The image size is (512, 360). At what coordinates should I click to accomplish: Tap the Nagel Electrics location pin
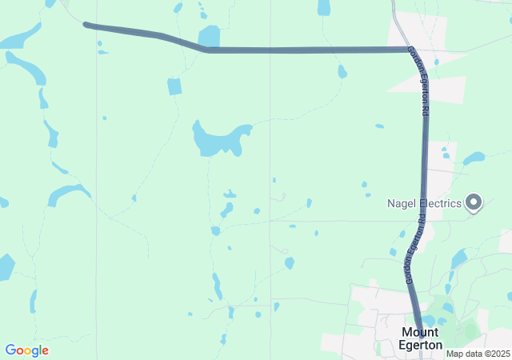pyautogui.click(x=474, y=203)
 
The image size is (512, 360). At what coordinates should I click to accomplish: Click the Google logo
pyautogui.click(x=26, y=350)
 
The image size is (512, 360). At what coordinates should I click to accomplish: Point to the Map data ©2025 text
pyautogui.click(x=478, y=354)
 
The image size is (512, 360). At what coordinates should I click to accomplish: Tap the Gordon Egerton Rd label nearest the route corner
pyautogui.click(x=420, y=82)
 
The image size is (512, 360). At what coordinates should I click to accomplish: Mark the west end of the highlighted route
pyautogui.click(x=86, y=25)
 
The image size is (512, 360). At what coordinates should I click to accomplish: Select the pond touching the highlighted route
pyautogui.click(x=209, y=37)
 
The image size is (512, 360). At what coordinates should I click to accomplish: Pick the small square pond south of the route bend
pyautogui.click(x=174, y=86)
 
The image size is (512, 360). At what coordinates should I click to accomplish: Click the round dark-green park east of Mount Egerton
pyautogui.click(x=471, y=328)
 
